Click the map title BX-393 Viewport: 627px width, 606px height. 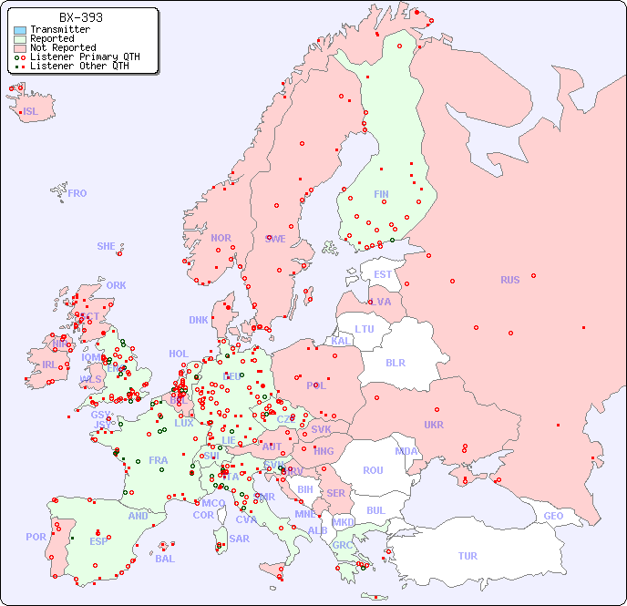tap(80, 17)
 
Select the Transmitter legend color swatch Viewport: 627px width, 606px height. tap(20, 30)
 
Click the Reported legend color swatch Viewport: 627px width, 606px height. tap(20, 39)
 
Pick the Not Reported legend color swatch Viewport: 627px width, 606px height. tap(20, 48)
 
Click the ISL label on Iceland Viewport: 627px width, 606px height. tap(31, 112)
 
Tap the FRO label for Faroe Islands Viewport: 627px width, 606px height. tap(77, 193)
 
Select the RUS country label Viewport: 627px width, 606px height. tap(509, 280)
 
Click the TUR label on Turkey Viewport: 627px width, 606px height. tap(468, 556)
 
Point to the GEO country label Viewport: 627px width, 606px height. tap(553, 516)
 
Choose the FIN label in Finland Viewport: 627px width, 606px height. tap(381, 194)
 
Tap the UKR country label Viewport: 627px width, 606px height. tap(434, 425)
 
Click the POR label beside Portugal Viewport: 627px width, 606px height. tap(36, 537)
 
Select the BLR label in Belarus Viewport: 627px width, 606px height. tap(395, 362)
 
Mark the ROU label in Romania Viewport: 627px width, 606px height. tap(373, 470)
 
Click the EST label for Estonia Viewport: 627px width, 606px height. tap(383, 274)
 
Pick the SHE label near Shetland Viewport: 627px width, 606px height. tap(107, 246)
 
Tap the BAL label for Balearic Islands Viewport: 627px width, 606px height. tap(164, 559)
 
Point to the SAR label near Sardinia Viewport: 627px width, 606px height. tap(240, 539)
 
